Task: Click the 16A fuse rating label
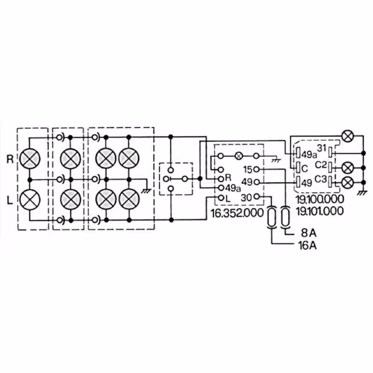point(307,246)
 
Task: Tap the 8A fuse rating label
point(309,233)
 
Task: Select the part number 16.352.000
point(237,213)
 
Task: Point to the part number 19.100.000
point(320,199)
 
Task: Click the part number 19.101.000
point(320,211)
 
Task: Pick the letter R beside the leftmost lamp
point(10,159)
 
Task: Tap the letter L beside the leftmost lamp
point(9,200)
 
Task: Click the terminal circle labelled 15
point(256,169)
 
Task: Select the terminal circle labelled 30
point(256,197)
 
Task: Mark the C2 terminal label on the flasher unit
point(321,164)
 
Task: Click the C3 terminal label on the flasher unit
point(321,179)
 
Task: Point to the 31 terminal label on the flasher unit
point(321,148)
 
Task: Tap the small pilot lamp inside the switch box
point(239,156)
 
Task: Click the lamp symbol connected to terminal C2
point(348,168)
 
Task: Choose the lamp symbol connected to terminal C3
point(348,183)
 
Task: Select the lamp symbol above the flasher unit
point(348,136)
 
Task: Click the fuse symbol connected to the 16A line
point(272,217)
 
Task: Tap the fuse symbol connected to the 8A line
point(285,217)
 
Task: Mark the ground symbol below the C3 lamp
point(362,193)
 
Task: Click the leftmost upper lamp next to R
point(30,159)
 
